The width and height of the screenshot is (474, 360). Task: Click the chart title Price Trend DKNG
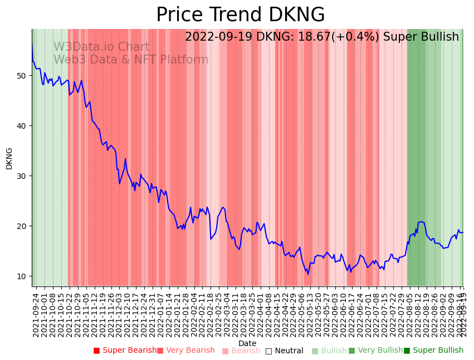pos(240,15)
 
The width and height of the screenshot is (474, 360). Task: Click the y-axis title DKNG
pos(9,158)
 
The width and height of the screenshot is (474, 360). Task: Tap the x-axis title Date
pos(247,343)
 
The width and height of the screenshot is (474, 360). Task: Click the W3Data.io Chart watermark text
pos(101,47)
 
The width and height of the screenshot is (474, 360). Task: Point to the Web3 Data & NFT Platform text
pos(131,60)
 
